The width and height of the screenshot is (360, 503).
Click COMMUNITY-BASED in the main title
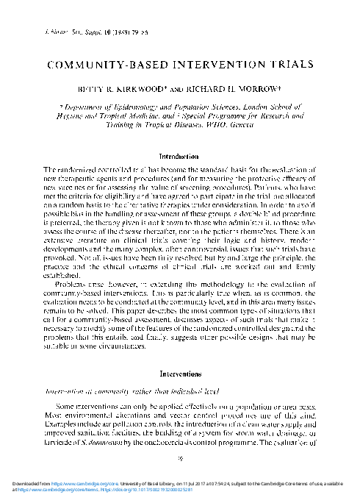tap(98, 64)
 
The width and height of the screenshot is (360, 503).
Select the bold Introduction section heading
tap(180, 157)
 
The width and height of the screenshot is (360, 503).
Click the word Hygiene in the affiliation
tap(69, 116)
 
